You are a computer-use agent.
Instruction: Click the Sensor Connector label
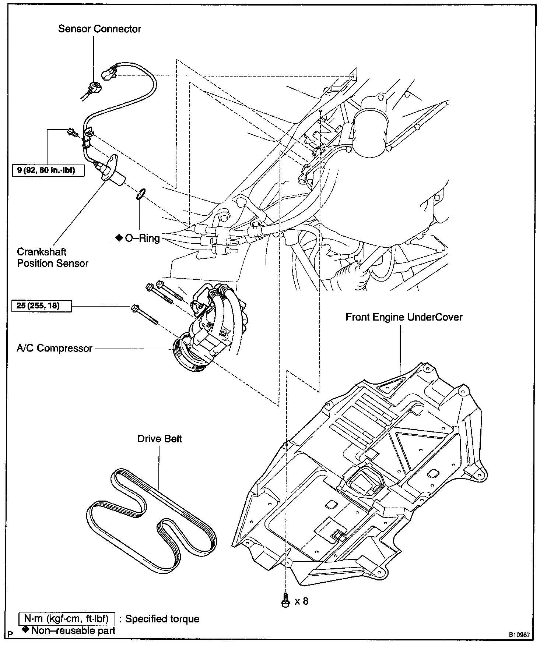tap(99, 29)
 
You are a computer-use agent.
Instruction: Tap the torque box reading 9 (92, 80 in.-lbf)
tap(48, 170)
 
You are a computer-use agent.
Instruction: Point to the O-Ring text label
tap(142, 238)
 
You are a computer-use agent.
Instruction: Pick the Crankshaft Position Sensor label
tap(52, 258)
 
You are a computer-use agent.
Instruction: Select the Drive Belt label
tap(159, 439)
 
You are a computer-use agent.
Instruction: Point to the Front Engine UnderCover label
tap(404, 317)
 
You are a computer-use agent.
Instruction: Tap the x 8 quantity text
tap(301, 601)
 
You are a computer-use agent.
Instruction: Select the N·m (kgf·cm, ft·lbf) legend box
tap(66, 619)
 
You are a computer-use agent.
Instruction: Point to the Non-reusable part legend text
tap(73, 630)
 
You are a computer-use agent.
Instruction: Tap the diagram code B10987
tap(519, 635)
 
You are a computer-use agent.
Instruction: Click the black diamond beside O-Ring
tap(119, 238)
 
